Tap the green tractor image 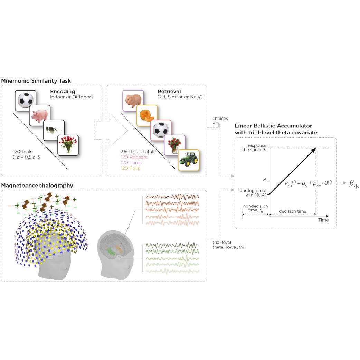189,160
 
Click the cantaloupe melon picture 147,115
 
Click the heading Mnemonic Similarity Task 36,81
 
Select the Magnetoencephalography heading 37,186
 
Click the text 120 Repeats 134,157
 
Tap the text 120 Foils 131,168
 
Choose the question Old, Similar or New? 180,97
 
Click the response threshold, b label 255,148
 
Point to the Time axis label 323,220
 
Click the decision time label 292,211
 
